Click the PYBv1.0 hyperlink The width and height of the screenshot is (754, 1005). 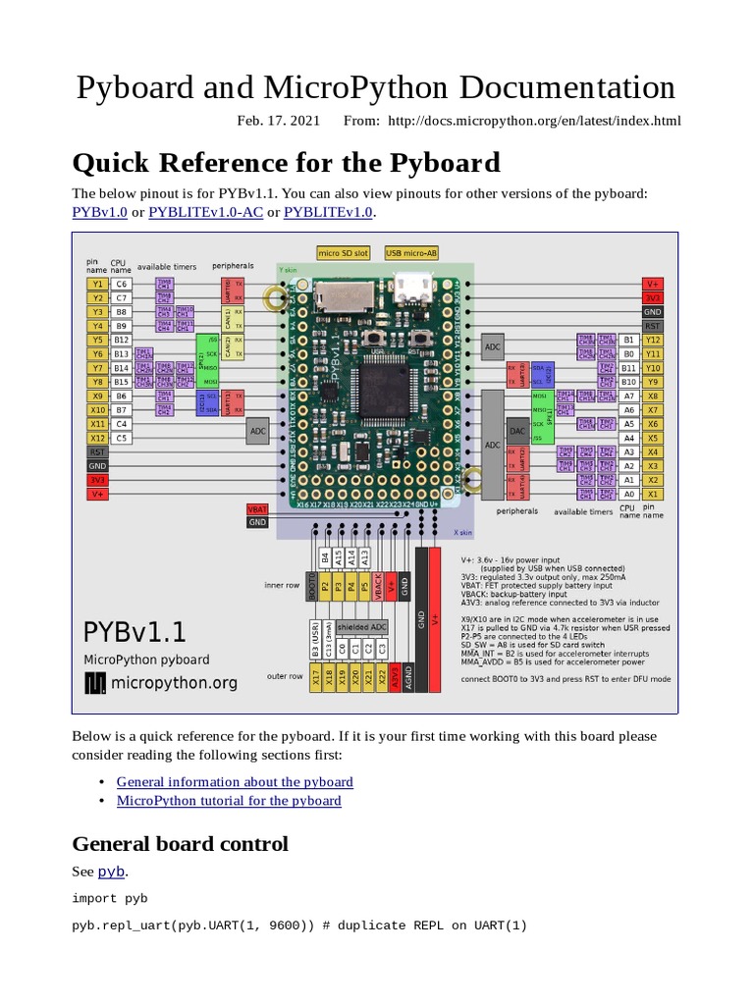click(x=100, y=212)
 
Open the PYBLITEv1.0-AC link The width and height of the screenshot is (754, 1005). click(x=207, y=212)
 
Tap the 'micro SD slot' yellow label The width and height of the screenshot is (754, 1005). click(x=343, y=253)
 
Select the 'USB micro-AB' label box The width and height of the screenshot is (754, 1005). click(x=411, y=253)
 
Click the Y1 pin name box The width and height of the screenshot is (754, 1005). click(x=97, y=283)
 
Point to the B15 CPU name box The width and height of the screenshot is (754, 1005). click(x=122, y=382)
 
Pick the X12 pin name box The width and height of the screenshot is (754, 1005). click(x=97, y=438)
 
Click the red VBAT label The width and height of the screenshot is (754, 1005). click(x=256, y=508)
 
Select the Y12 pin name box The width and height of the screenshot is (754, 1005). click(x=652, y=340)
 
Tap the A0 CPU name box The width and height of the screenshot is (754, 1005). click(x=628, y=494)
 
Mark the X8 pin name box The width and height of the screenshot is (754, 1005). click(x=652, y=396)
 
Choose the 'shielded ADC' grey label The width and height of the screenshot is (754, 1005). click(x=362, y=626)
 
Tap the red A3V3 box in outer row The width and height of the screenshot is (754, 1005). click(x=392, y=676)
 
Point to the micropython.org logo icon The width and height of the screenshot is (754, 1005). click(x=96, y=682)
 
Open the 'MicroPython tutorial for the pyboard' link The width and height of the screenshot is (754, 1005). click(x=229, y=801)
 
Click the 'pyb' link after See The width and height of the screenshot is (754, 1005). click(x=111, y=872)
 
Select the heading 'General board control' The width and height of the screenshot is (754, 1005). click(x=180, y=843)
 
